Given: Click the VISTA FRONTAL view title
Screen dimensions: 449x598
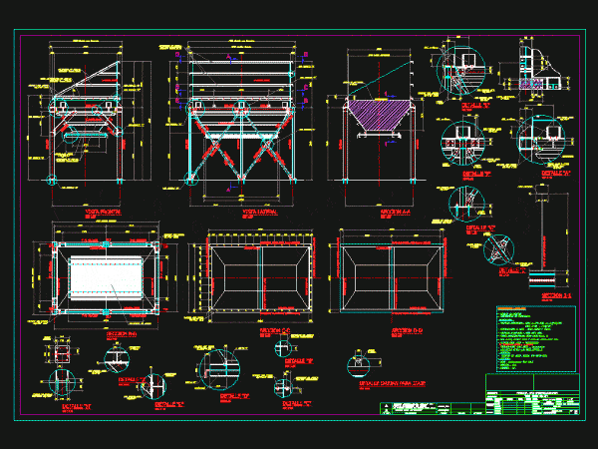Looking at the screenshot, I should click(x=98, y=212).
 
